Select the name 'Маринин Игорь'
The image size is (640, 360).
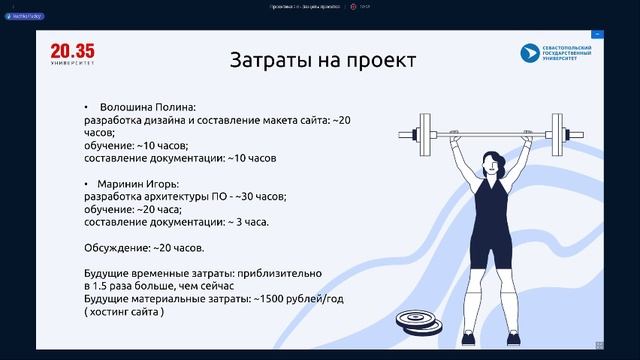tap(141, 184)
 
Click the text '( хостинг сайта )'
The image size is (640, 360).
tap(125, 312)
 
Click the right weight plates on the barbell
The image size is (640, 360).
tap(570, 133)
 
